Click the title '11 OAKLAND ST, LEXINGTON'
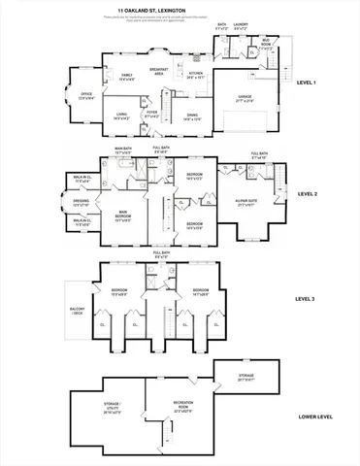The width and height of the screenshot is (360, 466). (x=180, y=11)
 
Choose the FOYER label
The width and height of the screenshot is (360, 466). (x=152, y=113)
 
